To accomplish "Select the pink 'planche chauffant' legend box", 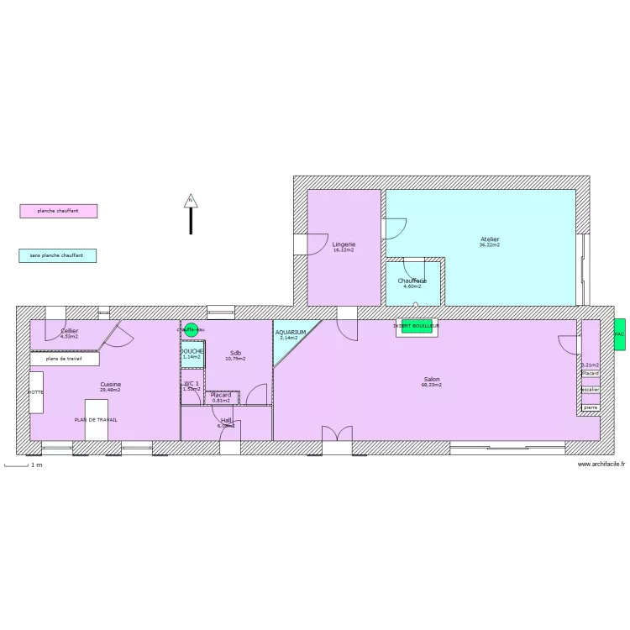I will click(58, 211).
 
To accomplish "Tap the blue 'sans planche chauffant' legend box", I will click(57, 255).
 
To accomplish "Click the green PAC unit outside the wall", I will click(619, 334).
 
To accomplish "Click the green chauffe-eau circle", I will click(191, 330).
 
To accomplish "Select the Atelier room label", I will click(489, 240).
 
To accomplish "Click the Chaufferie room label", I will click(412, 281).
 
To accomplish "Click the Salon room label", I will click(431, 380).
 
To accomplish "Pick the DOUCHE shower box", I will click(192, 353).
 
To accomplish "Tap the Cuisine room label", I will click(110, 385).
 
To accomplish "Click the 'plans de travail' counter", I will click(65, 359).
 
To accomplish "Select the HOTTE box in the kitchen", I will click(36, 392).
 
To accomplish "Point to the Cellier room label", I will click(69, 332).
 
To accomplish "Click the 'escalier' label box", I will click(591, 390).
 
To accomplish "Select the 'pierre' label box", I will click(591, 407).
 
